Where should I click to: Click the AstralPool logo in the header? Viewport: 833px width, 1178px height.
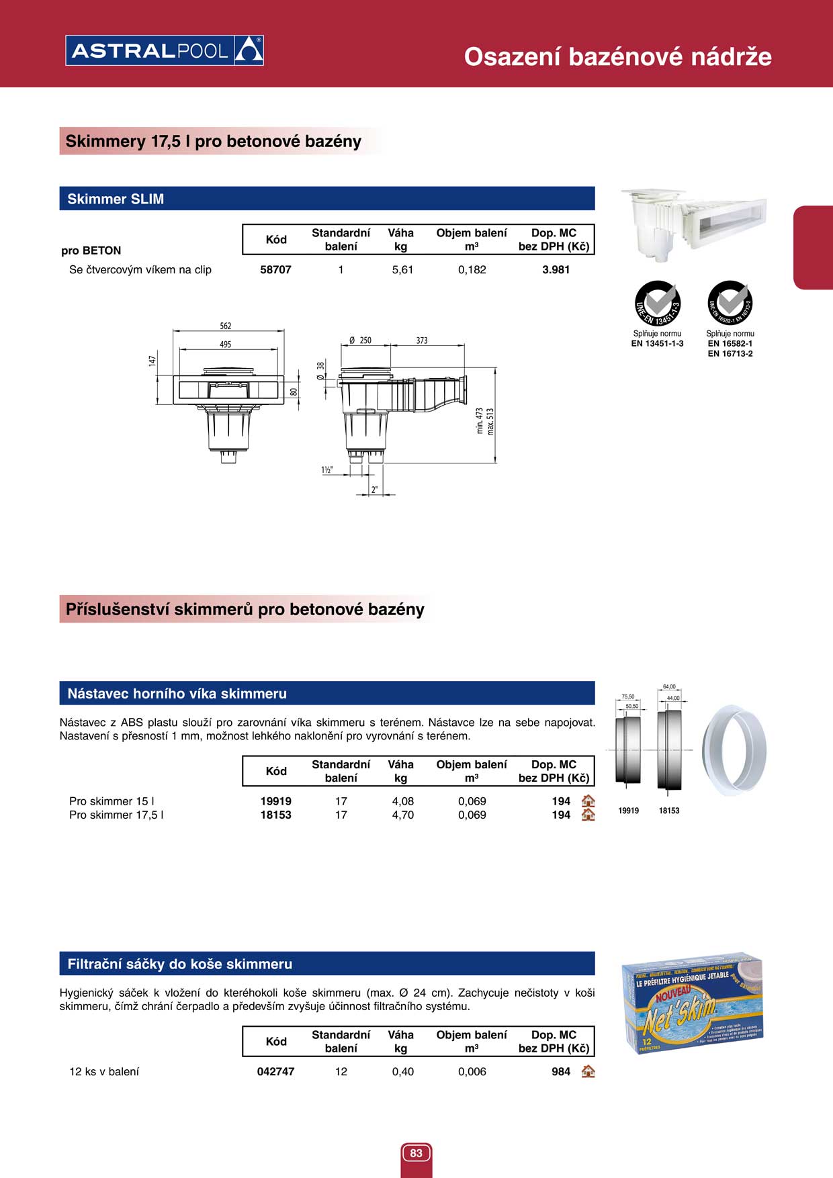(x=165, y=50)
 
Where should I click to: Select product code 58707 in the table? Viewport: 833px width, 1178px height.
(x=275, y=270)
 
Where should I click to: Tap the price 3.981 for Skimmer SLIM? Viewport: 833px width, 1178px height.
(x=556, y=270)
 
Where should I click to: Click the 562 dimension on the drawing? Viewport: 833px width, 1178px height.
(x=226, y=326)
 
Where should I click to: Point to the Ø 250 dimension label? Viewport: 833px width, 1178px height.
(x=361, y=341)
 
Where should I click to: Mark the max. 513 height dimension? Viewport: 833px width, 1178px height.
(x=490, y=422)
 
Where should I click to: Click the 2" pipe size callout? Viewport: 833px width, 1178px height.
(x=375, y=490)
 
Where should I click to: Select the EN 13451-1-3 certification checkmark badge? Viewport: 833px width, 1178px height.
(x=658, y=304)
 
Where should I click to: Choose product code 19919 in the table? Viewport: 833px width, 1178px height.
(x=275, y=801)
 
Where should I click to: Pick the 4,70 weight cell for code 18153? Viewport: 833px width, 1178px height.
(x=403, y=815)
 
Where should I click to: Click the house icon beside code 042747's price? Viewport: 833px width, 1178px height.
(x=588, y=1071)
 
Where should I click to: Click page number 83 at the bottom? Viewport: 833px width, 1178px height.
(x=416, y=1153)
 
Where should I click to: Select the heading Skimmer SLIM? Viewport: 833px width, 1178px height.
(x=116, y=199)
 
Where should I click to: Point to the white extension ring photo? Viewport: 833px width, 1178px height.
(x=734, y=750)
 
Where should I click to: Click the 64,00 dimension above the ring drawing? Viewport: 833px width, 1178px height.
(x=669, y=686)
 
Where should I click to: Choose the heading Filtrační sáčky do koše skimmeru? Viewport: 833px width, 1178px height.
(x=179, y=964)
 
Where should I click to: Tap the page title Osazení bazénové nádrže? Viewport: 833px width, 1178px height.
(x=617, y=56)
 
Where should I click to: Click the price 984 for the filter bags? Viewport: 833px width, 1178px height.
(x=561, y=1072)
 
